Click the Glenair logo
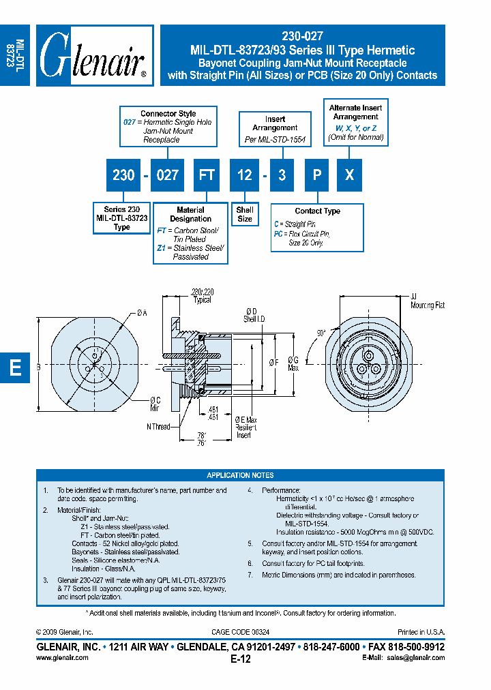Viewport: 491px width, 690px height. click(94, 56)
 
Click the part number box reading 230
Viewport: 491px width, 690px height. click(123, 175)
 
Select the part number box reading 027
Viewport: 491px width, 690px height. click(167, 175)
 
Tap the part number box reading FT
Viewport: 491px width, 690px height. click(207, 175)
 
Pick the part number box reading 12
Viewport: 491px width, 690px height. click(244, 175)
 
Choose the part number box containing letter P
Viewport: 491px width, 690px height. click(317, 175)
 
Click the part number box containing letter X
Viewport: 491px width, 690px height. click(349, 175)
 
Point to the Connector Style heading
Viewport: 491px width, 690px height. click(168, 114)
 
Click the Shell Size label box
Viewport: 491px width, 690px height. click(245, 215)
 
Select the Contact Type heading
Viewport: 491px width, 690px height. click(317, 211)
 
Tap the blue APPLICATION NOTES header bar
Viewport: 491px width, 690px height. click(240, 475)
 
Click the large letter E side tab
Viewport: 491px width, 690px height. click(15, 367)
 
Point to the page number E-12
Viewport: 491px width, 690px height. click(241, 659)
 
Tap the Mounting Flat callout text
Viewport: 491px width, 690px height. click(427, 305)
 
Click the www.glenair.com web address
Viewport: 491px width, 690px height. click(61, 658)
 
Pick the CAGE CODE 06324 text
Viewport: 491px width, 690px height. click(240, 633)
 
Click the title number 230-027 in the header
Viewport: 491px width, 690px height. click(302, 37)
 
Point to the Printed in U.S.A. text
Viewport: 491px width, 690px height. click(421, 633)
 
